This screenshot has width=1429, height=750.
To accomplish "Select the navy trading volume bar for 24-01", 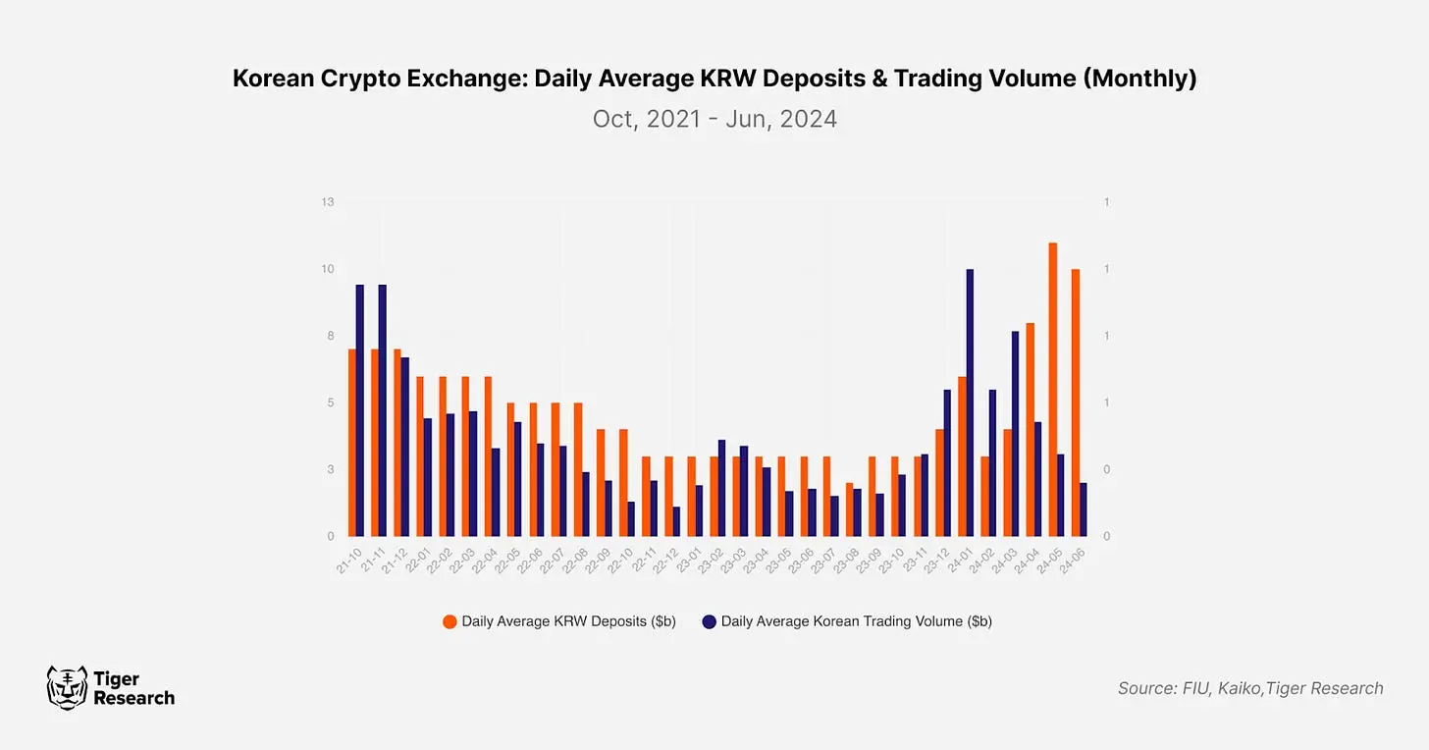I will click(x=970, y=402).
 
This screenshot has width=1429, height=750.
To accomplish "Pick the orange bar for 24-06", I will click(x=1076, y=402).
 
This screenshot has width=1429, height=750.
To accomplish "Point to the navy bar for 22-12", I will click(x=676, y=521).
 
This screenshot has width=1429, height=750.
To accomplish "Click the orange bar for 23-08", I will click(x=850, y=509).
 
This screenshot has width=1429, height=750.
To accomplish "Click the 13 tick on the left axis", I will click(x=328, y=202).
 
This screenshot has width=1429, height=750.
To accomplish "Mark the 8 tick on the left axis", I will click(x=331, y=336).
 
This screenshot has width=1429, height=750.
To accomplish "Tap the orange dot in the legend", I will click(x=450, y=621).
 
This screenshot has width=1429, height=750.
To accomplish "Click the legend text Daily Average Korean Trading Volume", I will click(x=856, y=621).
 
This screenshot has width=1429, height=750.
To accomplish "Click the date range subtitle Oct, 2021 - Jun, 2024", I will click(x=714, y=119).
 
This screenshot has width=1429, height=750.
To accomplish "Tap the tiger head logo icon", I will click(x=67, y=687).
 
